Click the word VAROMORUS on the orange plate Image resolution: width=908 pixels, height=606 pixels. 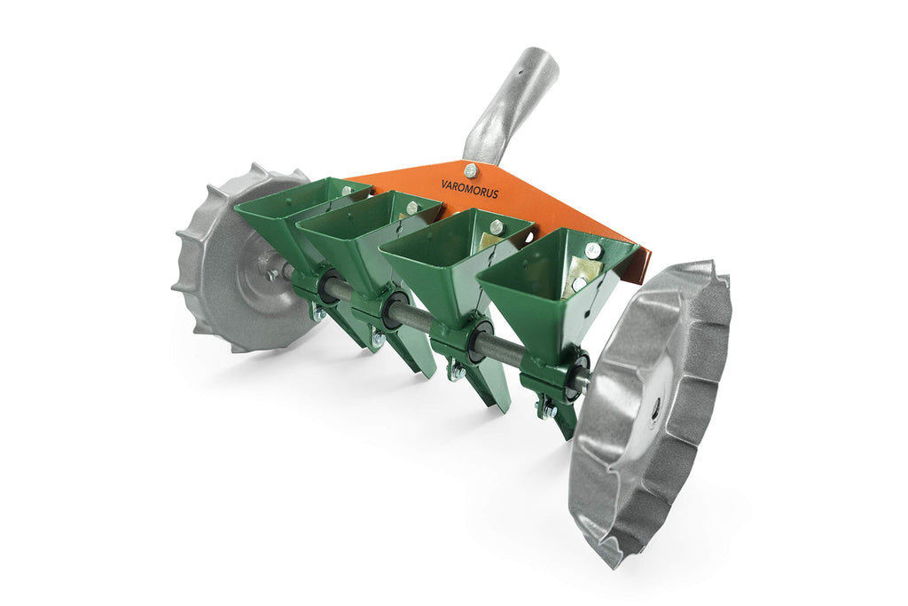point(469,191)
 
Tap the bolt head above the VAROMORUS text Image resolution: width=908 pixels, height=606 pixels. point(470,170)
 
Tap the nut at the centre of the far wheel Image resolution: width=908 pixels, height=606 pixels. point(270,275)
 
